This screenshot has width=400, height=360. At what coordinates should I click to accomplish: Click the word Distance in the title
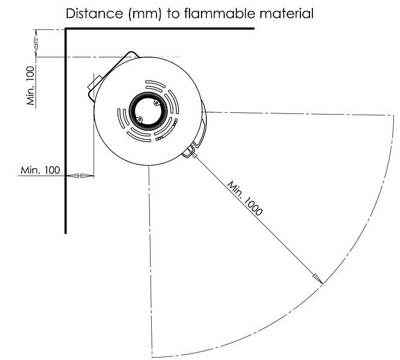click(x=94, y=13)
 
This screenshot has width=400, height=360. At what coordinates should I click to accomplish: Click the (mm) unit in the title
click(x=145, y=14)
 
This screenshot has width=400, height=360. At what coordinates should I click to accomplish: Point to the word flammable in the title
click(x=219, y=13)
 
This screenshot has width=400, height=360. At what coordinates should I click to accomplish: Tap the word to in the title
click(x=173, y=14)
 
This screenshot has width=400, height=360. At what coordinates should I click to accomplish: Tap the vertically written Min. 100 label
click(x=31, y=86)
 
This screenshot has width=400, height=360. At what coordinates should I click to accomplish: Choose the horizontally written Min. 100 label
click(x=40, y=170)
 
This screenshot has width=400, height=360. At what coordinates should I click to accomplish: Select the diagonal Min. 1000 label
click(x=245, y=198)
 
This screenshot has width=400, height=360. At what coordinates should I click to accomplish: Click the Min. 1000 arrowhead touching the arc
click(x=318, y=279)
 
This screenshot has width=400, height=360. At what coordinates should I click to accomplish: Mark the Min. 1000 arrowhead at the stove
click(x=194, y=154)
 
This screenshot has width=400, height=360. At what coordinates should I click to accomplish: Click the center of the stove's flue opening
click(x=148, y=111)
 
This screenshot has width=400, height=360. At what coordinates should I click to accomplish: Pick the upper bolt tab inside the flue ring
click(x=156, y=103)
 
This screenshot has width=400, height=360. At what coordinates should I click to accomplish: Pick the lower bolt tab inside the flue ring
click(x=139, y=119)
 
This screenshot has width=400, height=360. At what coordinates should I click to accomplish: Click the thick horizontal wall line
click(x=160, y=28)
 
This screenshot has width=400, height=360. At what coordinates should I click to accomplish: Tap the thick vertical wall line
click(x=65, y=130)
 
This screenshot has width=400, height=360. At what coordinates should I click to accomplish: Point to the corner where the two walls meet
click(x=65, y=29)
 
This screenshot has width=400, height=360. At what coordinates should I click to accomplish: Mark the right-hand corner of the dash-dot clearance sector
click(x=393, y=116)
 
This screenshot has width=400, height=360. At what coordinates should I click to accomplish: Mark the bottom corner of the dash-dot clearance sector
click(x=152, y=356)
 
